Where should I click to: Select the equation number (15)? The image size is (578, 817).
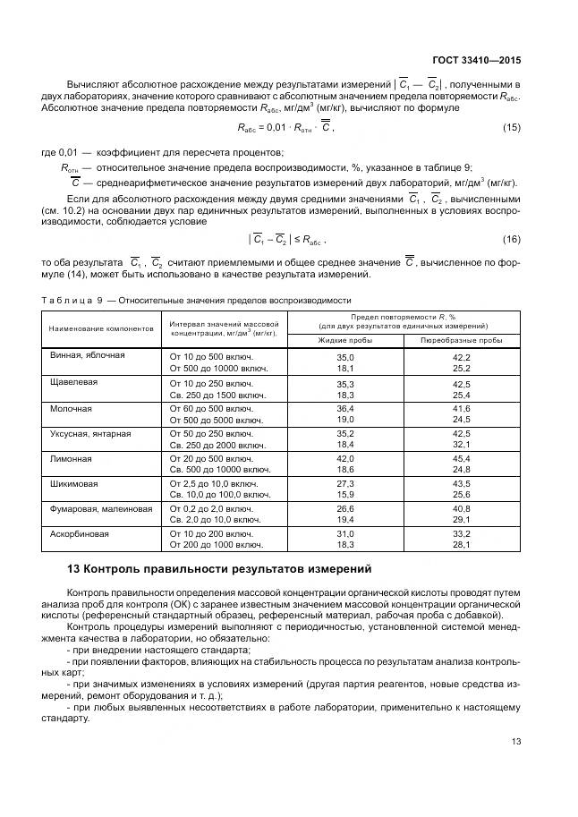(x=511, y=127)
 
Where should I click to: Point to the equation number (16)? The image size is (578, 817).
(x=511, y=239)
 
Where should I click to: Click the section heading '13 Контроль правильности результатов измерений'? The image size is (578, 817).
(x=219, y=569)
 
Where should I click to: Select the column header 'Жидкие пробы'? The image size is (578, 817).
(x=345, y=340)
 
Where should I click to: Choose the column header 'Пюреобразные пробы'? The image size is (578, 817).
(x=461, y=340)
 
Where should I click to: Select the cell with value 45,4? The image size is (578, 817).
(x=461, y=458)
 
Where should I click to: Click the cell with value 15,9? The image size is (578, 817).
(x=345, y=494)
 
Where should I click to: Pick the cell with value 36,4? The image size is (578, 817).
(x=345, y=407)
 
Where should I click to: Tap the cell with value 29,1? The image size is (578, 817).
(x=461, y=519)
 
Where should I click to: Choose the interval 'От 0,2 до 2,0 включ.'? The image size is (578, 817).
(x=211, y=508)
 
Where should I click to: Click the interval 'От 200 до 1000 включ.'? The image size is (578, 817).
(x=216, y=544)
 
